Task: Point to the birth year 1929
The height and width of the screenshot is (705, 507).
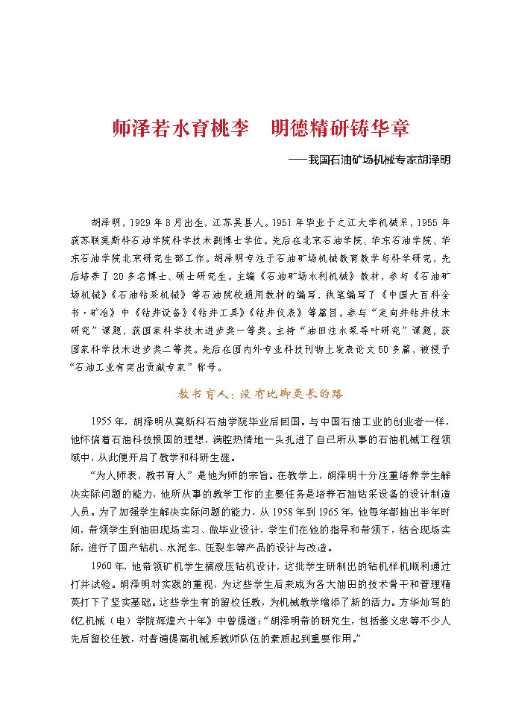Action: (x=142, y=223)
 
